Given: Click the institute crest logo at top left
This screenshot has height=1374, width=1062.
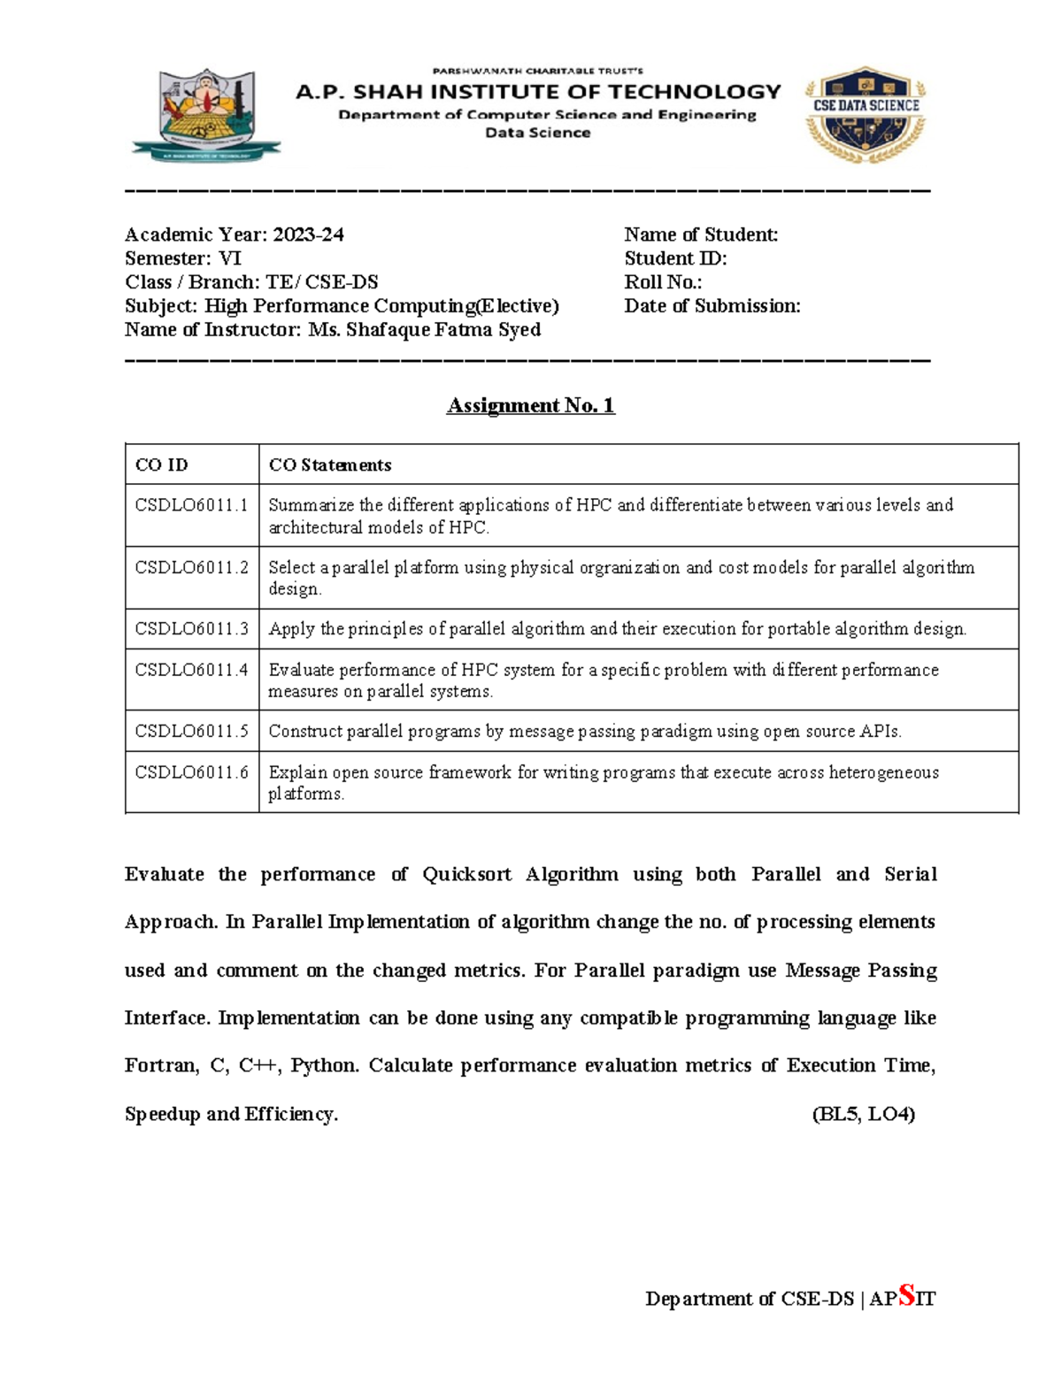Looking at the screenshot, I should tap(205, 115).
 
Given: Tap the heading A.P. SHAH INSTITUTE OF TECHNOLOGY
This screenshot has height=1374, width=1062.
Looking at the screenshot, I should tap(538, 92).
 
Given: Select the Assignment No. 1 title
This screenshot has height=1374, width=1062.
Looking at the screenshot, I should tap(530, 405).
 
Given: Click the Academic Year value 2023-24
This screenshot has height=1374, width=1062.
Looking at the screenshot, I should tap(308, 234).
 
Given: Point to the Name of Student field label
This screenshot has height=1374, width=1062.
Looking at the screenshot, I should tap(700, 234).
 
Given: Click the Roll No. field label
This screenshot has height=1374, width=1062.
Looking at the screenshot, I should tap(663, 282).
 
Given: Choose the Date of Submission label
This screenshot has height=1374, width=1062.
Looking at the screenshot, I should tap(712, 306).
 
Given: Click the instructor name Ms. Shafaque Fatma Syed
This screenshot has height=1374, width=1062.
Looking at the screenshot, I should tap(424, 330).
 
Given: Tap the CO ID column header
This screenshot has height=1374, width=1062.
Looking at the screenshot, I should tap(161, 464).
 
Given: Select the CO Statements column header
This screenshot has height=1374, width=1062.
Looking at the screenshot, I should tap(329, 464).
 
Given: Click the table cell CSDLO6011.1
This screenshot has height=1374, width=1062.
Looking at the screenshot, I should tap(191, 505).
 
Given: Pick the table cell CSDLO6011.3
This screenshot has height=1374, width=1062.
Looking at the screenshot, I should tap(191, 629).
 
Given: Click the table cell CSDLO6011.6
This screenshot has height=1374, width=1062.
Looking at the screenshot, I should tap(191, 772).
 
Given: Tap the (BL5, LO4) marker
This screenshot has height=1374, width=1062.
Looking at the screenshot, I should tap(863, 1114).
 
